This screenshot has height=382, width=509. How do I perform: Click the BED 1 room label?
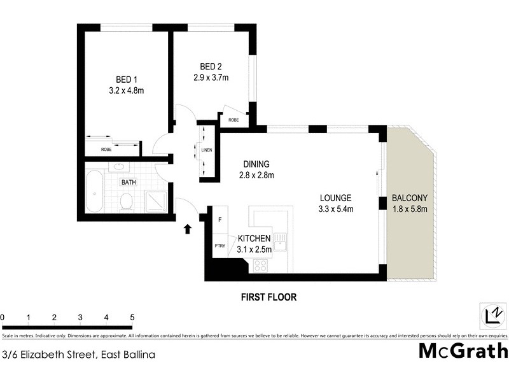[x=126, y=79]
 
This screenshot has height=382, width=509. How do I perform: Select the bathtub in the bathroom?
[x=95, y=192]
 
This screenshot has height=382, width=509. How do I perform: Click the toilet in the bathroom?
[x=126, y=202]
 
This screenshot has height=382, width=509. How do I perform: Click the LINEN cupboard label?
[x=206, y=151]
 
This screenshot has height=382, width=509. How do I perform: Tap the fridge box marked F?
[x=220, y=221]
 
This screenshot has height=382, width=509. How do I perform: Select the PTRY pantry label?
[x=220, y=246]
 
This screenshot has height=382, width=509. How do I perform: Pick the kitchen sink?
[x=282, y=243]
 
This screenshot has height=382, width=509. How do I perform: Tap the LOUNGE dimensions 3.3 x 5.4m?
[x=335, y=209]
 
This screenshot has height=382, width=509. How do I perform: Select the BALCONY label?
[x=409, y=197]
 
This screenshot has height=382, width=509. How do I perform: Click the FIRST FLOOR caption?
[x=268, y=297]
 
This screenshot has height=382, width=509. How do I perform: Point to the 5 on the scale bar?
[x=132, y=317]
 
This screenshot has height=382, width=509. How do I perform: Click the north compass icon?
[x=492, y=315]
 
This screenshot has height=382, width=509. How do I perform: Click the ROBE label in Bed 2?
[x=234, y=119]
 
